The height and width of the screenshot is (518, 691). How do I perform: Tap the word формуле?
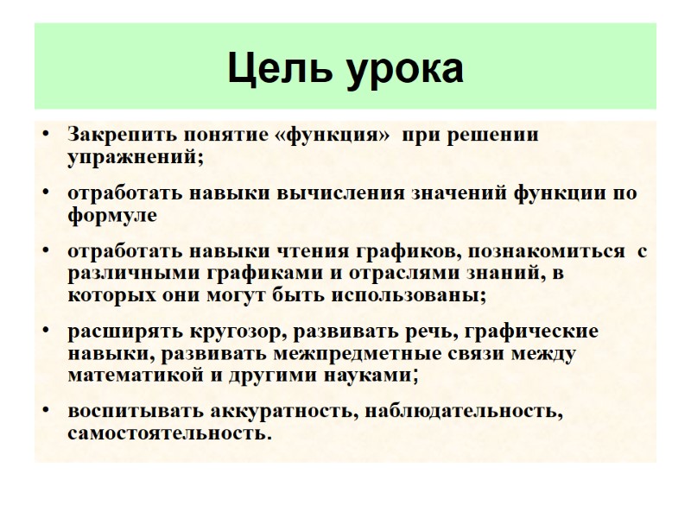[112, 215]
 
